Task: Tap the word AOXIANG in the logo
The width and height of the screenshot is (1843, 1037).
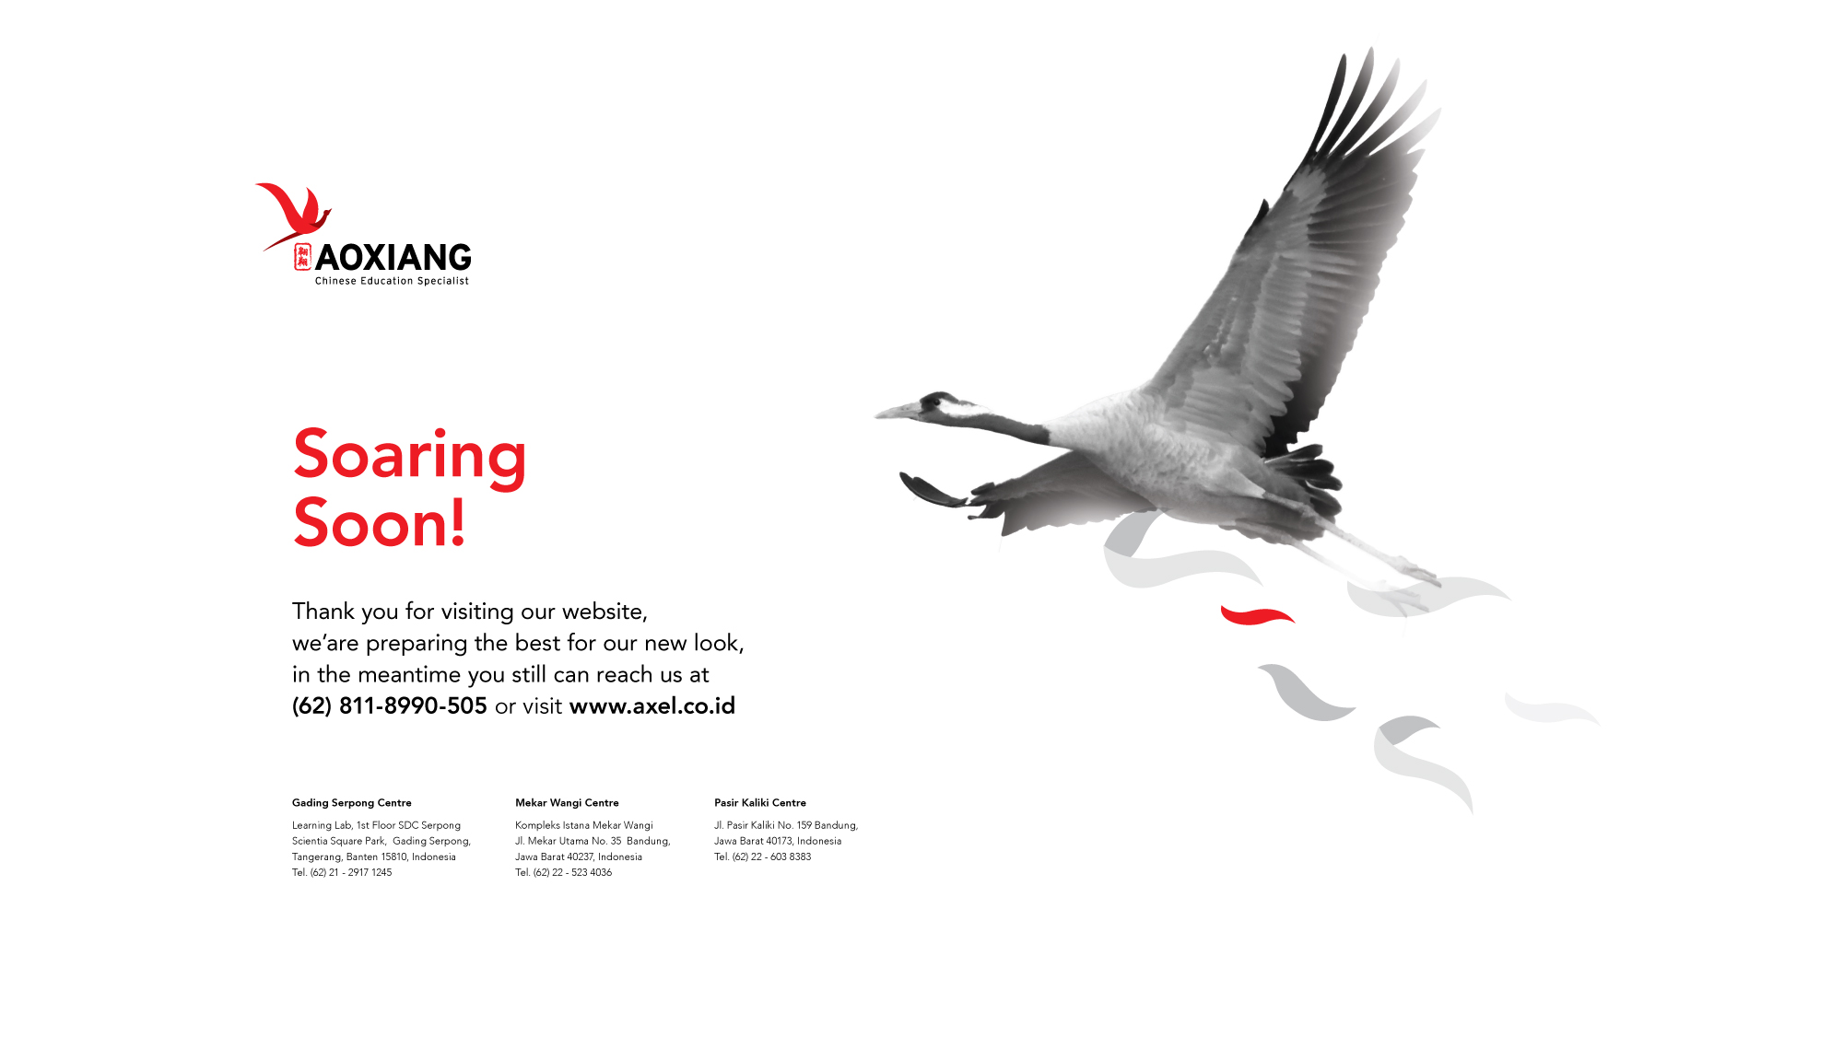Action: click(393, 258)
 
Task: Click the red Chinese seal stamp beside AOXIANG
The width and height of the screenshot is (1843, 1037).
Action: click(302, 257)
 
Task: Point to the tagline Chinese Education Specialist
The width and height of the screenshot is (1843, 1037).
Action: click(392, 281)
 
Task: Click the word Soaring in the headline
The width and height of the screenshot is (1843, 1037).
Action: click(410, 456)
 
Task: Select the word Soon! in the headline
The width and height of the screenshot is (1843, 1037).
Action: click(380, 523)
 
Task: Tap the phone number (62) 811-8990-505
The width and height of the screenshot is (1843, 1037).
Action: click(389, 706)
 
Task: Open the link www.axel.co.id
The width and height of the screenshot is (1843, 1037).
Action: click(652, 706)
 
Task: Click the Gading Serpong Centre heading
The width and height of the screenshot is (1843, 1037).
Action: click(352, 803)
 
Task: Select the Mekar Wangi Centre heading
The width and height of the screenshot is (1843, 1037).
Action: click(567, 803)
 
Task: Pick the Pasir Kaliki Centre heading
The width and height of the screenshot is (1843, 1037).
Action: click(760, 803)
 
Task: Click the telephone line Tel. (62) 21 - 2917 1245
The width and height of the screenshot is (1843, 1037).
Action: click(342, 872)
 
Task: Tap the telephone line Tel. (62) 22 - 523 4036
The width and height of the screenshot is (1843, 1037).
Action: click(563, 872)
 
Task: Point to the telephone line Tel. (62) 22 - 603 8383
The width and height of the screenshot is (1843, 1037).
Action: click(763, 856)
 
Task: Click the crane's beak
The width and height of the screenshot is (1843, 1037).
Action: click(896, 412)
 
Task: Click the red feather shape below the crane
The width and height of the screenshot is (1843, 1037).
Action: click(1257, 614)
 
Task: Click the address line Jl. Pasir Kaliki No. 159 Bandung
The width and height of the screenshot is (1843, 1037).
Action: click(786, 825)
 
